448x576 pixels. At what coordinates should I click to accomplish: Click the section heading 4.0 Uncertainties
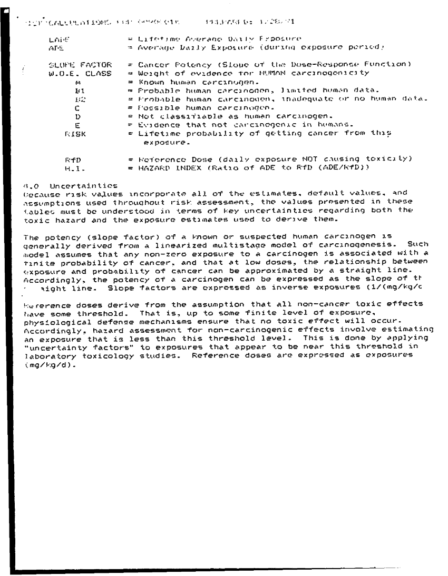tap(59, 187)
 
